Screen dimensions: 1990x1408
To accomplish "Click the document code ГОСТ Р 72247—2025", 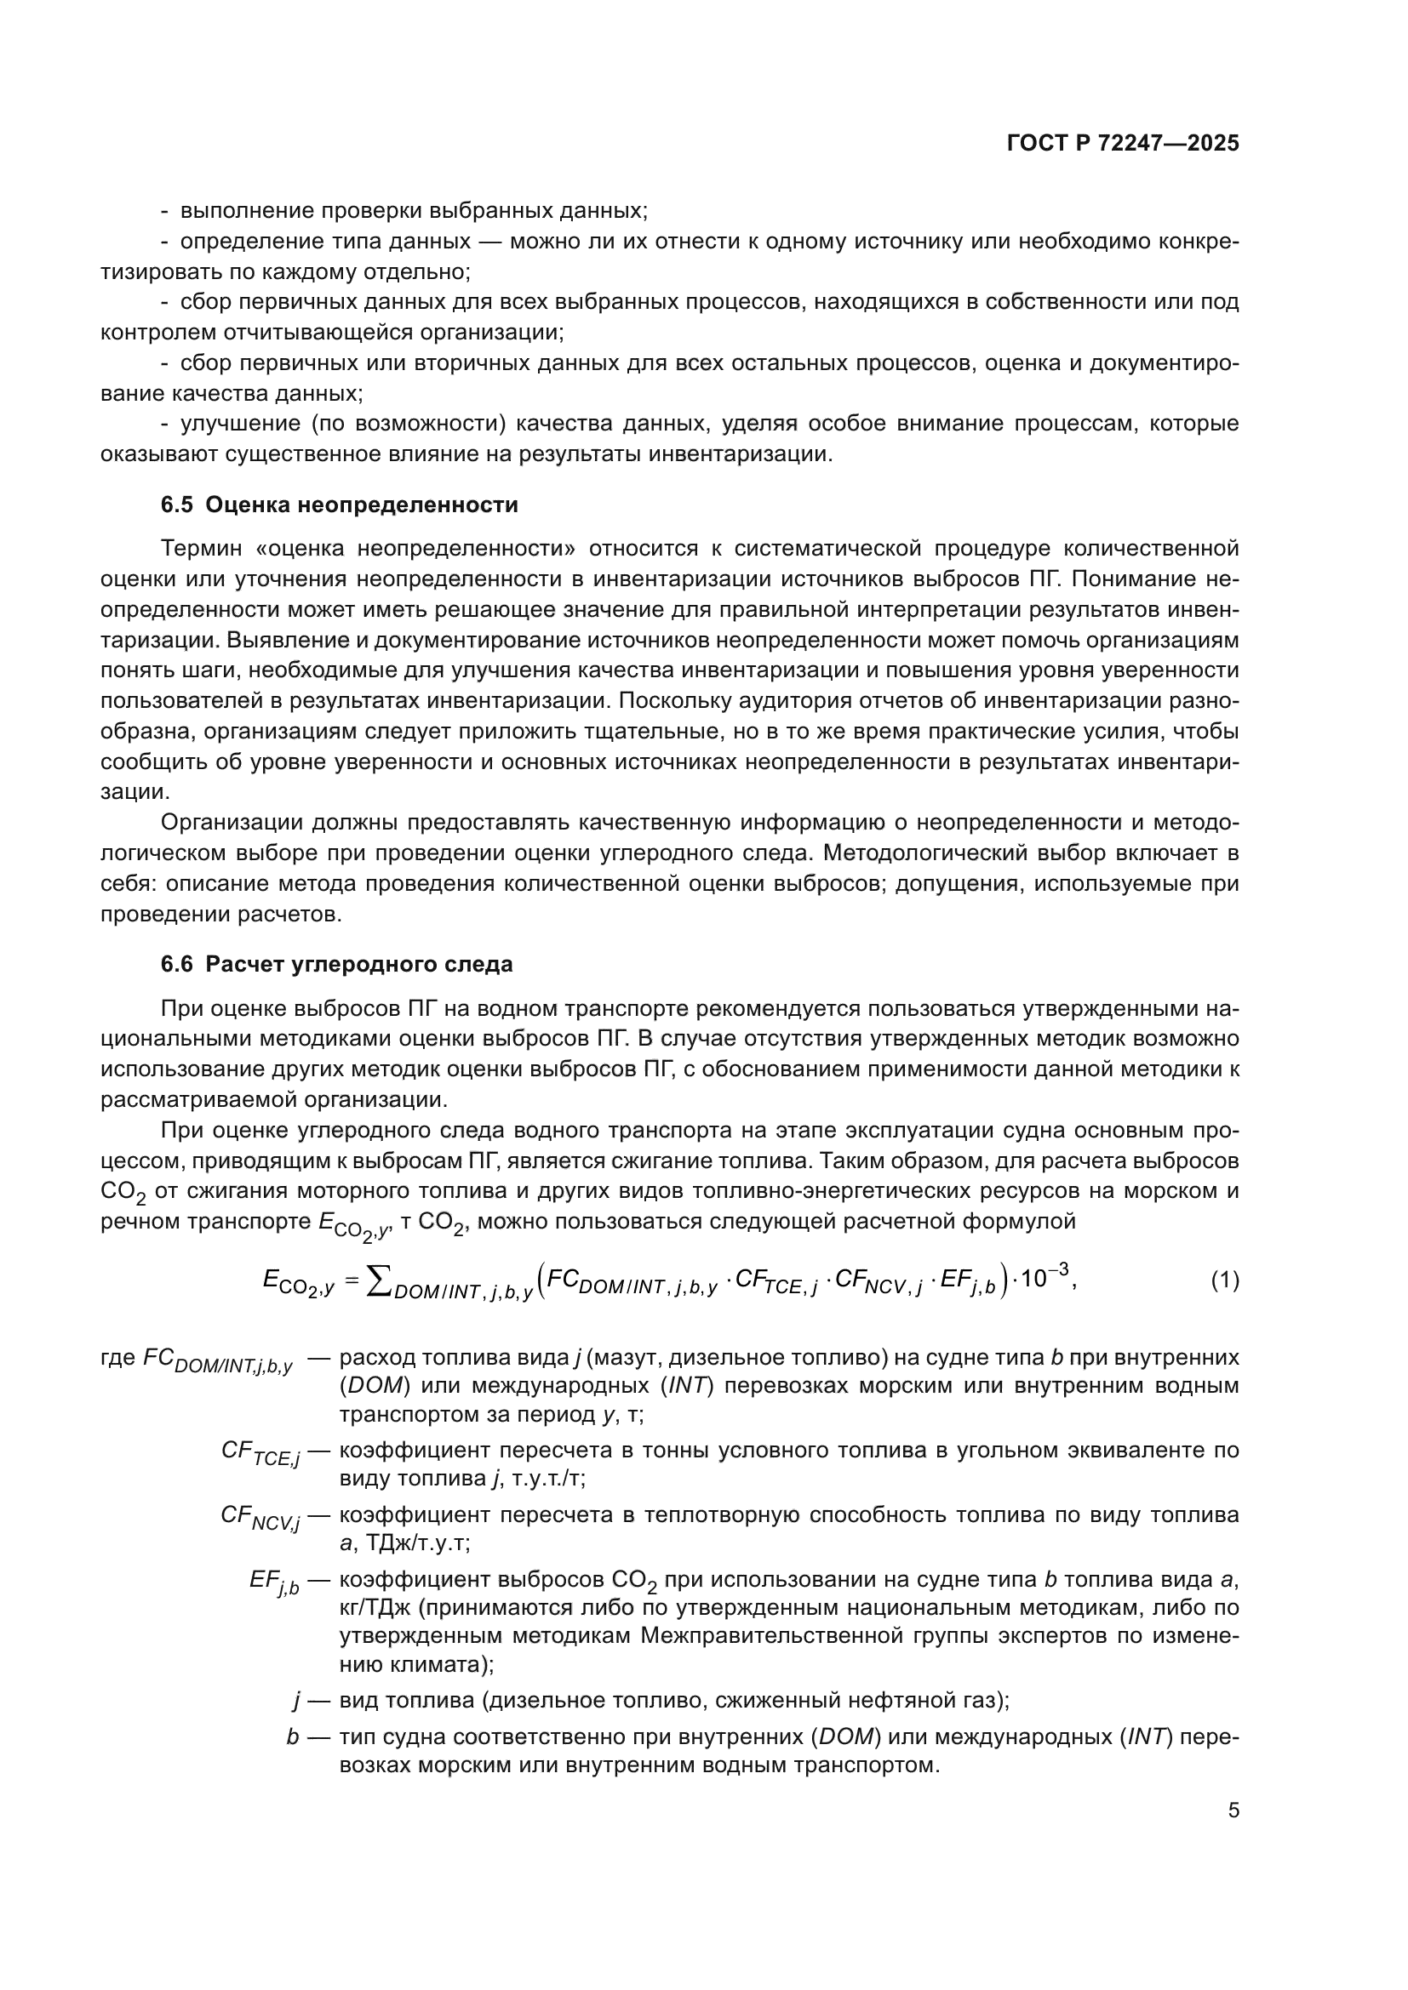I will (1123, 144).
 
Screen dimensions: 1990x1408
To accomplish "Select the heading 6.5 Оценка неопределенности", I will (339, 505).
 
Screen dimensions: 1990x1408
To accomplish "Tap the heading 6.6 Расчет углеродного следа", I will (336, 965).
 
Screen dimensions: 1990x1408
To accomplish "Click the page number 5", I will (1233, 1810).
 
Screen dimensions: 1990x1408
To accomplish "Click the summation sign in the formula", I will (378, 1280).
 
